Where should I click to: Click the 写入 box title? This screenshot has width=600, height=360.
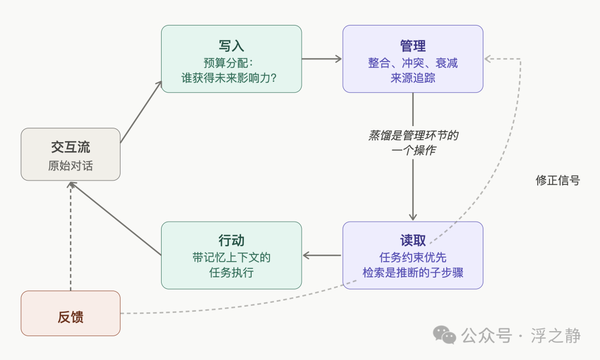click(232, 46)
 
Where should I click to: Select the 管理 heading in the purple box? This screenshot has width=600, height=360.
click(413, 46)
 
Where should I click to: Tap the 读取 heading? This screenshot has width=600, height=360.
click(413, 240)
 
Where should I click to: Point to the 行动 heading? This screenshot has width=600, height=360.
click(232, 240)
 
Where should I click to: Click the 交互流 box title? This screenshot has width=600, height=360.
click(71, 147)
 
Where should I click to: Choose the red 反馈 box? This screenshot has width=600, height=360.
click(71, 313)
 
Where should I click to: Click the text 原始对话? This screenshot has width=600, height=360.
click(71, 166)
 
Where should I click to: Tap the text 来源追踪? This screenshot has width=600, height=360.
click(413, 78)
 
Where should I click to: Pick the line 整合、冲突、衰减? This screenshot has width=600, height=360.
click(413, 63)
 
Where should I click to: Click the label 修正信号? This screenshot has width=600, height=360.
click(557, 180)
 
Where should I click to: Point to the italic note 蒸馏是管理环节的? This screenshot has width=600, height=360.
click(413, 136)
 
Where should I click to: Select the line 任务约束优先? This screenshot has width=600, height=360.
click(413, 257)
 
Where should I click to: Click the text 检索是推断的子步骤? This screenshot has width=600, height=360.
click(413, 273)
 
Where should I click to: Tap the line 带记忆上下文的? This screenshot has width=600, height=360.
click(232, 257)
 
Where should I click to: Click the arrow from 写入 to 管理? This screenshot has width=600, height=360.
click(322, 58)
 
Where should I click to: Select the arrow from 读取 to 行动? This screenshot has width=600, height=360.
click(322, 256)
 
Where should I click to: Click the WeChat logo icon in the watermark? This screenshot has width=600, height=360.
click(444, 334)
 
